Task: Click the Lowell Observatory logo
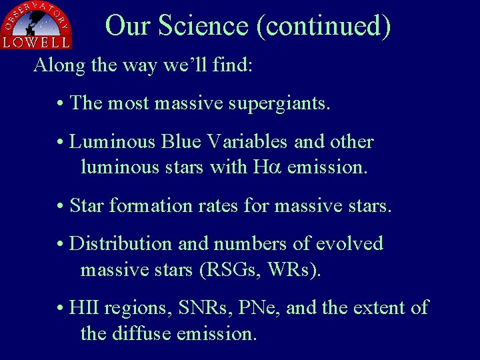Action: (x=37, y=25)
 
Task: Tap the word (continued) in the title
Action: (x=323, y=26)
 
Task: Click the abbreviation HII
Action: (x=84, y=308)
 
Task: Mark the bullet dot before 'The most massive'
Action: (x=60, y=104)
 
